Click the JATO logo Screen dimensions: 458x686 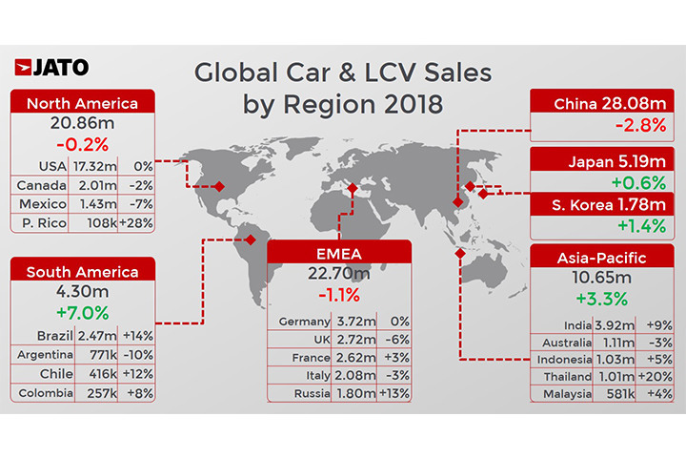pyautogui.click(x=52, y=67)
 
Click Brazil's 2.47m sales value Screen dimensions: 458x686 pyautogui.click(x=95, y=336)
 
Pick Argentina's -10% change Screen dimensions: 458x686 pyautogui.click(x=135, y=355)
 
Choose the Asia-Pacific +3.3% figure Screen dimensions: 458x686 pyautogui.click(x=599, y=298)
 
